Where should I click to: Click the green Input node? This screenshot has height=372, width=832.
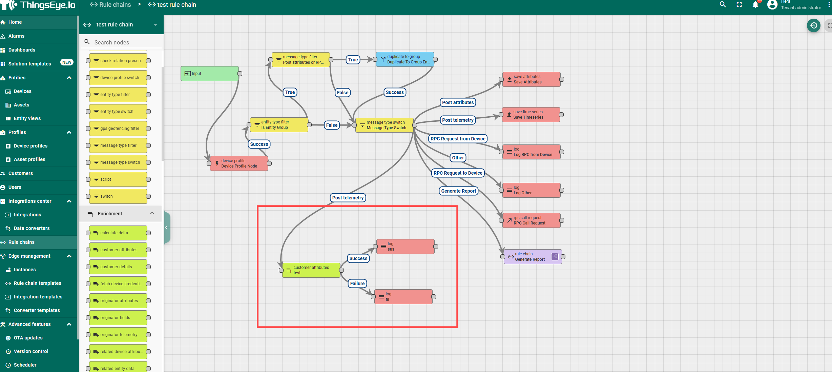pos(209,74)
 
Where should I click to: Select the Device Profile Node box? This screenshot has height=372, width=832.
pos(239,163)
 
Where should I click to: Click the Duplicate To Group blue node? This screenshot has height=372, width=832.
pos(405,59)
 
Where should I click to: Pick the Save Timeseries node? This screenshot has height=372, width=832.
pos(531,115)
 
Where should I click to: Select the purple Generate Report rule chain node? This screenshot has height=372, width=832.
pos(532,257)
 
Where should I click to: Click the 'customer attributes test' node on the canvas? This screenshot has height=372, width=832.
pos(311,270)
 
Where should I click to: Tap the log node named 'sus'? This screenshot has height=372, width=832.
pos(405,247)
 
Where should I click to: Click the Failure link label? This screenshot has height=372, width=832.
pos(357,283)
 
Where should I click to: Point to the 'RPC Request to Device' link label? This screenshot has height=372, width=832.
pos(458,173)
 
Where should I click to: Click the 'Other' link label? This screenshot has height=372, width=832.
pos(458,158)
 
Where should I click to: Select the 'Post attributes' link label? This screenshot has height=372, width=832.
pos(458,102)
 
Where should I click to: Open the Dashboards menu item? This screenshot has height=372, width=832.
pos(22,50)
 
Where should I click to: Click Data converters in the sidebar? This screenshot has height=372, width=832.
pos(32,228)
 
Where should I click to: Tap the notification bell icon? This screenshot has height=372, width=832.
pos(755,5)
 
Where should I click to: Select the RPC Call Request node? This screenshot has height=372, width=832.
pos(531,220)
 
